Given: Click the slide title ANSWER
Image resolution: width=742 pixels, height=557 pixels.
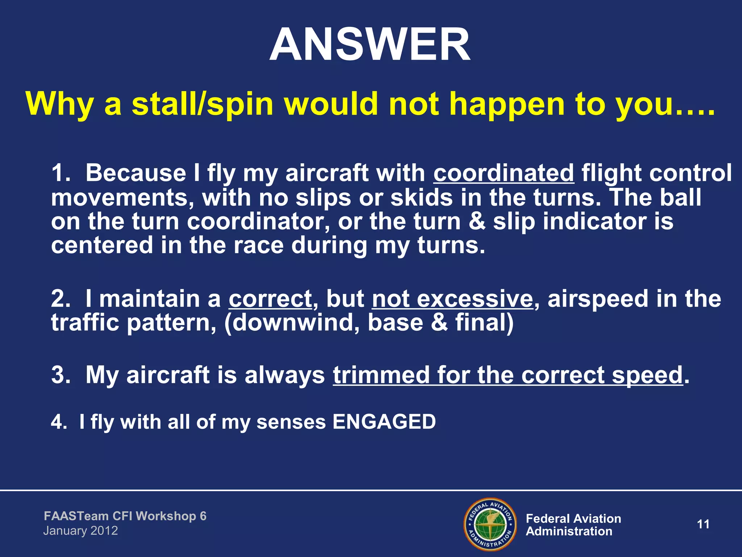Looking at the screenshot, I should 370,45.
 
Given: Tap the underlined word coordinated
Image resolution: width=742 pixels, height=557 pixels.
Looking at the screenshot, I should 504,173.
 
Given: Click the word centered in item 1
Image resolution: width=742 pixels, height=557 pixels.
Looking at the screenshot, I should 102,246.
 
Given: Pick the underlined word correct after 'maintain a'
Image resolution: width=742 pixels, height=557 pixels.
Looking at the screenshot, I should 270,299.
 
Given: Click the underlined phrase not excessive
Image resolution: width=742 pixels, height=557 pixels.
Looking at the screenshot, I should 453,299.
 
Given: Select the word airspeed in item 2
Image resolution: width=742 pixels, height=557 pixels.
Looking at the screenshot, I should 597,299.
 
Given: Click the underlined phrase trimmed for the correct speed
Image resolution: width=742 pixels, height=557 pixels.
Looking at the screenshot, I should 508,375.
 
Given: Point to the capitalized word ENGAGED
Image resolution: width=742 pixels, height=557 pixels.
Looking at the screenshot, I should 384,422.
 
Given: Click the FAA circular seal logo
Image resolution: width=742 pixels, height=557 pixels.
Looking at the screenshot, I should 490,524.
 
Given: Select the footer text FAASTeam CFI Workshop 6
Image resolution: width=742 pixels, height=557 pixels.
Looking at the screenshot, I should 125,516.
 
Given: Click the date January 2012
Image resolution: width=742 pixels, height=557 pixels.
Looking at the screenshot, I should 80,531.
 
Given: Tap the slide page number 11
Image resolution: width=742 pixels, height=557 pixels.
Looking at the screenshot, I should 703,524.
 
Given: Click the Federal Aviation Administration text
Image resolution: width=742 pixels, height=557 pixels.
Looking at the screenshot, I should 573,525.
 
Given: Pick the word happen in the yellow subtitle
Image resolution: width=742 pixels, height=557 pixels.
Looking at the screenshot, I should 507,104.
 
